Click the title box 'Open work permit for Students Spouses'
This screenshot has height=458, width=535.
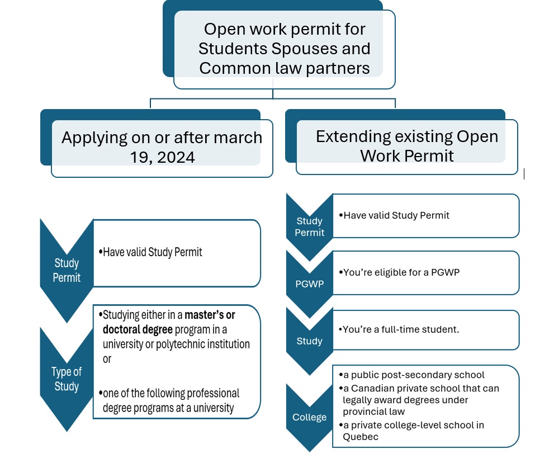click(x=284, y=48)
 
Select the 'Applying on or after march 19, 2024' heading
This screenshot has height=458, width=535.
click(x=162, y=147)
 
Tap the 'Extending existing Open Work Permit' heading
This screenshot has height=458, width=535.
click(x=406, y=145)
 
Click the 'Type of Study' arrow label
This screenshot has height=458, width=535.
click(x=67, y=379)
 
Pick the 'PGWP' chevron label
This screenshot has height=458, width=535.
click(x=309, y=284)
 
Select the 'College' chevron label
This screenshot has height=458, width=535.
click(x=309, y=417)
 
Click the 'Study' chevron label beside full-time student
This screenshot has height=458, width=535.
click(x=309, y=341)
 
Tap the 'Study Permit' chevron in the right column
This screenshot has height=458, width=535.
click(x=309, y=226)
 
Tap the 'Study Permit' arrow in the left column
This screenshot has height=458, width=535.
click(x=67, y=270)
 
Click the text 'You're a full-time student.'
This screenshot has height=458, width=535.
click(x=401, y=329)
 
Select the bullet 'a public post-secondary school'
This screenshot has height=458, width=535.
click(x=414, y=375)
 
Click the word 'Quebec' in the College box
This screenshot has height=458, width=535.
click(x=361, y=437)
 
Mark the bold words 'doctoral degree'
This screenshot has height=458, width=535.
click(x=138, y=329)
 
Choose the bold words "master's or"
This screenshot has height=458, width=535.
click(x=210, y=315)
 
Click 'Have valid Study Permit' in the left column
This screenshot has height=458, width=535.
click(x=152, y=252)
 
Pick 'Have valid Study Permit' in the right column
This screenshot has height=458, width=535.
click(x=396, y=215)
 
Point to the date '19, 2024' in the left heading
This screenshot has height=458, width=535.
click(x=162, y=157)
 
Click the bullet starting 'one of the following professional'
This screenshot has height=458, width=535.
click(x=171, y=393)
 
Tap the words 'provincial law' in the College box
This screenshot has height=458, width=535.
click(x=375, y=412)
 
